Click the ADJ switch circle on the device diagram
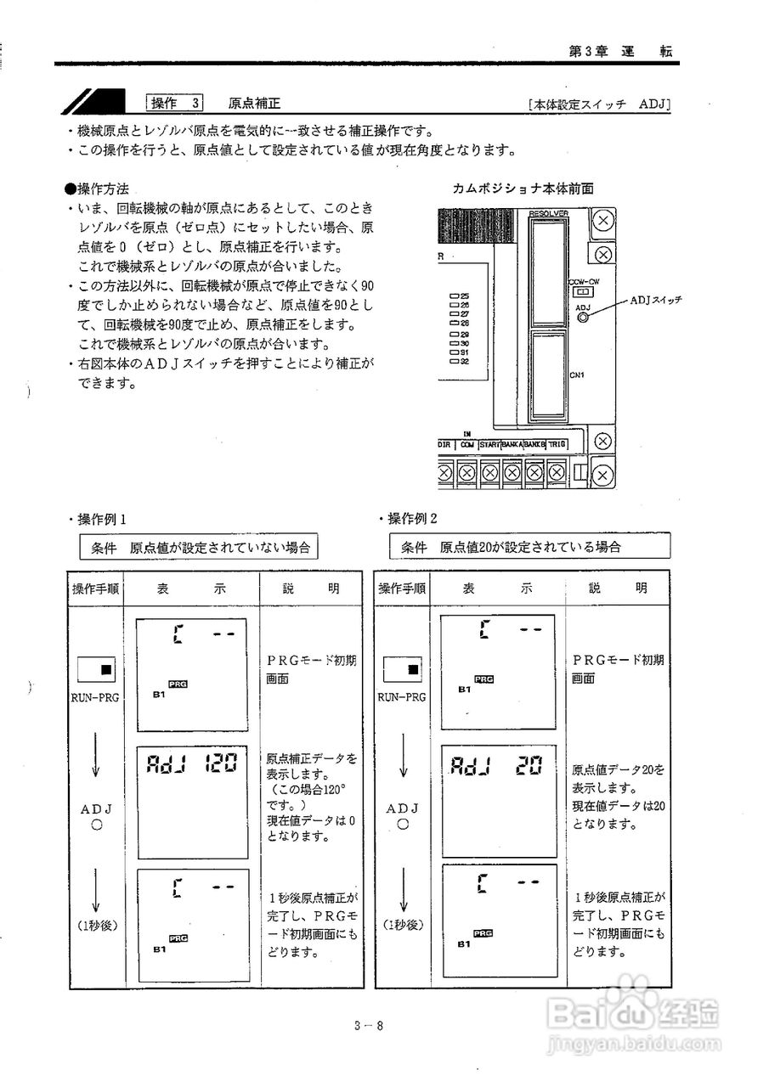(584, 318)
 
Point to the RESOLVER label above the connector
(548, 213)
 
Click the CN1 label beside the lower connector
(577, 374)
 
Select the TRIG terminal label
(557, 444)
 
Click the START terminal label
(490, 444)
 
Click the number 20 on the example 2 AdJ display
(528, 766)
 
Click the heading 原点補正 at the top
(254, 104)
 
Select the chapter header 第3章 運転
(619, 51)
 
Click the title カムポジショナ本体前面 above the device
(523, 188)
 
